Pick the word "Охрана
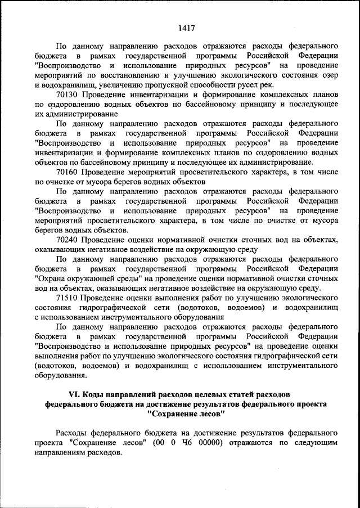point(51,277)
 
